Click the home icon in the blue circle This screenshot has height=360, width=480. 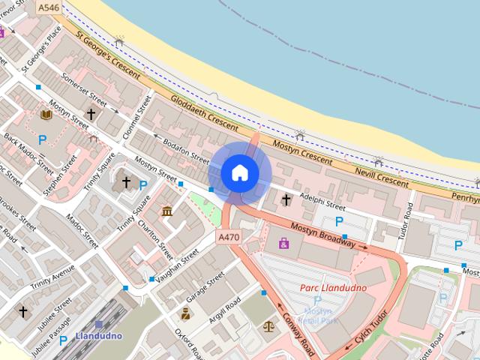click(x=239, y=172)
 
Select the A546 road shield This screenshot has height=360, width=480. click(x=48, y=7)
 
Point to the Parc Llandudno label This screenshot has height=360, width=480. click(x=333, y=288)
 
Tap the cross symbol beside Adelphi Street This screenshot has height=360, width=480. click(x=286, y=199)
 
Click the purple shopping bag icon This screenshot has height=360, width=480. click(x=283, y=243)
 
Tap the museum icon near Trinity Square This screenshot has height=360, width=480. click(x=166, y=211)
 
